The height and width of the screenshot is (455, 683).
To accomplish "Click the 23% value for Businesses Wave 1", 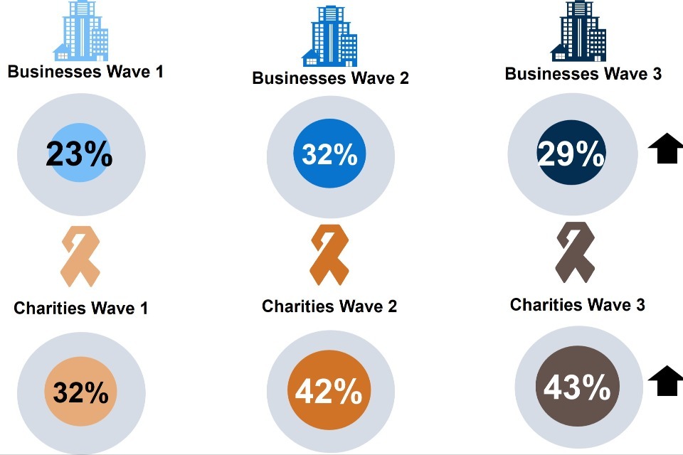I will coord(79,154).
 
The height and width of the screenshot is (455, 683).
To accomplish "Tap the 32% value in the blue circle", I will coord(329,154).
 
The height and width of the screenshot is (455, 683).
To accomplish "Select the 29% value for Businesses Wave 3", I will coord(571,154).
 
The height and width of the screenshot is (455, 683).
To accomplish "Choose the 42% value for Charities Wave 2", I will coord(329,392).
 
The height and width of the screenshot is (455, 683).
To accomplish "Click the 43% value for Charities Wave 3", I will coord(577,388).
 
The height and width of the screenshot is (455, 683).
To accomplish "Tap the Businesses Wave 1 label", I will coord(85,72).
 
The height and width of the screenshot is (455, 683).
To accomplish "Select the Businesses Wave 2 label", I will coord(330,77).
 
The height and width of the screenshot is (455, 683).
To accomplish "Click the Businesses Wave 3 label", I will coord(583,73).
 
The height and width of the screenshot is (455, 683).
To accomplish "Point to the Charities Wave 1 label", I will coord(80,309).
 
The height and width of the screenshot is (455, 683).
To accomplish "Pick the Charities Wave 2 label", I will coord(329,306).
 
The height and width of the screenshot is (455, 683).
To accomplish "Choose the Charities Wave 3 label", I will coord(577,305).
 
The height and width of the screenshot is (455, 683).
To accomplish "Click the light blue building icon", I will coord(80,32).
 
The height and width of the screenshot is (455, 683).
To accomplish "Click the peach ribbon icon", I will coord(80,256).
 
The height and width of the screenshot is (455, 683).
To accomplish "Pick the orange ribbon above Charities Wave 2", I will coord(329,254).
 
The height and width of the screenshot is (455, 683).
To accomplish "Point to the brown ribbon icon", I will coord(574,252).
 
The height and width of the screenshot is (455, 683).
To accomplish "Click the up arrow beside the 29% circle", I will coord(666,150).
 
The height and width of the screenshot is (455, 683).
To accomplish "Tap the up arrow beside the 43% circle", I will coord(666,381).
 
